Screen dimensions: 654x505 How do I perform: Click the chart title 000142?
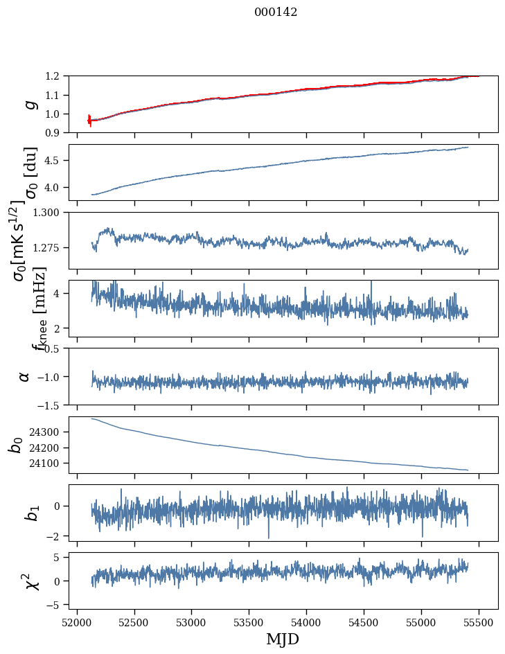(276, 12)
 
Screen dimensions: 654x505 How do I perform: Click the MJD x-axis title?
(283, 639)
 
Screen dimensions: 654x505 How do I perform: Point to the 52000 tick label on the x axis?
(77, 622)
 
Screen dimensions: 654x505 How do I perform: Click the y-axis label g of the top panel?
(29, 104)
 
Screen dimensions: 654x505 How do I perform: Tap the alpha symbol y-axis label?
(25, 376)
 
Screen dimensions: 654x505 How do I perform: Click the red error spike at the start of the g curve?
(89, 121)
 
